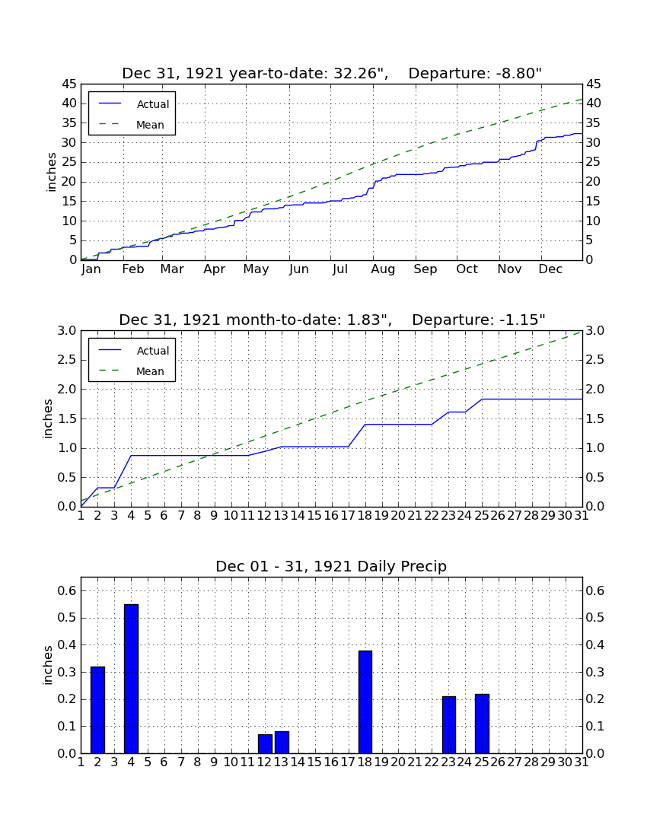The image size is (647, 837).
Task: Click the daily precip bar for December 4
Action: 132,679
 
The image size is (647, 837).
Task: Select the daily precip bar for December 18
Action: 365,702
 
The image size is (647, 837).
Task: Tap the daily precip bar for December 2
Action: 97,710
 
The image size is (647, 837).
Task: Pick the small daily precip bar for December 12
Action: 266,743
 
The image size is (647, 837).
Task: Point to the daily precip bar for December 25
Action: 482,724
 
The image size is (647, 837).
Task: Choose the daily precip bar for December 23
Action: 449,724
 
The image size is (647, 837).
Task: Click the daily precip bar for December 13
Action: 282,742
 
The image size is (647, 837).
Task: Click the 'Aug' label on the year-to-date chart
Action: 384,269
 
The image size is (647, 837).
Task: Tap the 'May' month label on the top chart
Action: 257,269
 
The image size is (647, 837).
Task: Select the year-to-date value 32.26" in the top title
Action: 361,74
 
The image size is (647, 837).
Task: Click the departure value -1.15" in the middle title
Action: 523,320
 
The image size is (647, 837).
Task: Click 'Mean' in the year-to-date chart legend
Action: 150,125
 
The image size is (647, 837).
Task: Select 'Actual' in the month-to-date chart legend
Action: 153,351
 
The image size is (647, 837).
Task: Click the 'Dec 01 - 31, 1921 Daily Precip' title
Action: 331,566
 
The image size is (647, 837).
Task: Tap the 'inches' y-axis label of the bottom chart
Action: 48,665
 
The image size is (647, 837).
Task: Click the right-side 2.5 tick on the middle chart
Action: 595,360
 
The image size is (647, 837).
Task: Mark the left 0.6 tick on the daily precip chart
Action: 69,591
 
